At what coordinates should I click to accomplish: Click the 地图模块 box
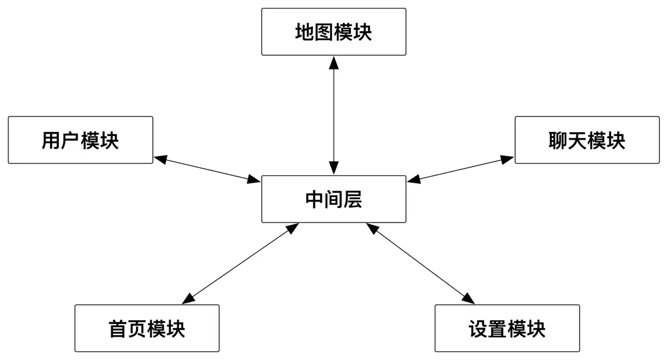coord(333,32)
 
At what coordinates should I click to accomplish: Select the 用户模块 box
coord(80,140)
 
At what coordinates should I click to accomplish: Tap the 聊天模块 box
coord(587,140)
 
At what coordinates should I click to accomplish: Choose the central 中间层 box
coord(333,199)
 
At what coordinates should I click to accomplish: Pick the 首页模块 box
coord(147,328)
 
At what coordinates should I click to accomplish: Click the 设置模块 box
coord(507,328)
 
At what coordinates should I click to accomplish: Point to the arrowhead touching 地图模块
coord(334,62)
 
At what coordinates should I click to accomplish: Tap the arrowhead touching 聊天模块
coord(507,159)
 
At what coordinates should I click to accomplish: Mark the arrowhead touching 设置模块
coord(468,299)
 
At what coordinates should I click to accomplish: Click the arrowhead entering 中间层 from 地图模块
coord(334,169)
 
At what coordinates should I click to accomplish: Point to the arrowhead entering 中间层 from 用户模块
coord(254,179)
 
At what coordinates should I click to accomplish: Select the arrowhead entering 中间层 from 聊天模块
coord(414,179)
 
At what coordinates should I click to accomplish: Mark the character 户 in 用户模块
coord(71,141)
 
